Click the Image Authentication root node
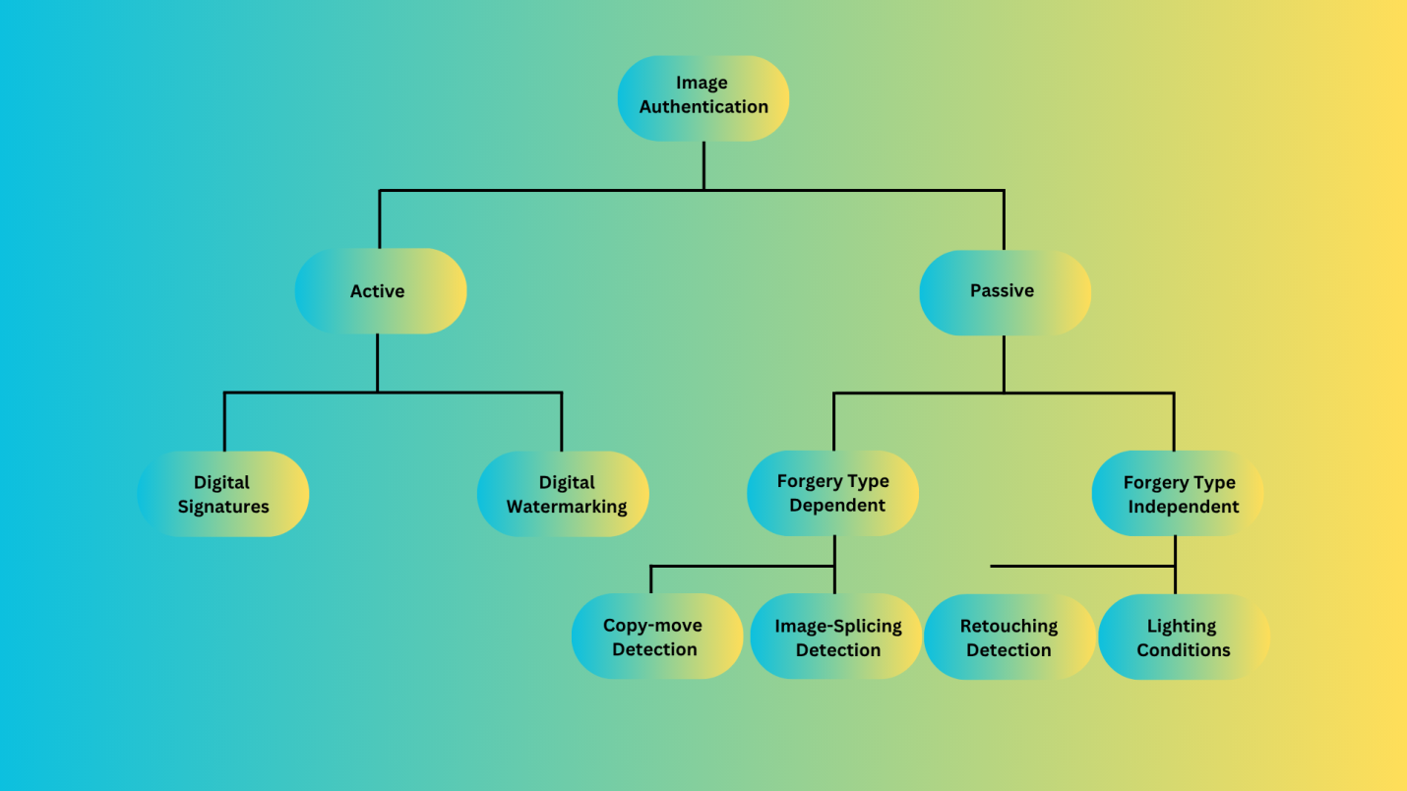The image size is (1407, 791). (703, 97)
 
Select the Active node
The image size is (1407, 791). (380, 291)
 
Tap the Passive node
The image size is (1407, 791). (1005, 291)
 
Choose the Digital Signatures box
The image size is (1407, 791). (223, 494)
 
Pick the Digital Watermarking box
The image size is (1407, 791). (563, 494)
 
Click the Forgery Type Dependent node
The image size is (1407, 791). (832, 493)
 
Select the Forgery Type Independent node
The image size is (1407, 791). (1178, 494)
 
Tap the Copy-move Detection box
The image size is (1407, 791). (656, 637)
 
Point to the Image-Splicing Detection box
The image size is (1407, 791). (835, 637)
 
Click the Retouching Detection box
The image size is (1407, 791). (1009, 637)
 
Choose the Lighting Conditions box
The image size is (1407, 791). (1184, 637)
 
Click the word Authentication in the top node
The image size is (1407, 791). (703, 107)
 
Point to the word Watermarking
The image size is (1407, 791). (567, 508)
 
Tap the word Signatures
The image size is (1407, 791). (223, 508)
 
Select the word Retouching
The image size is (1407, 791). (1009, 627)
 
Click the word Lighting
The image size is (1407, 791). (1182, 627)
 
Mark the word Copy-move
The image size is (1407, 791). (652, 626)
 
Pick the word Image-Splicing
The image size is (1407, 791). (838, 627)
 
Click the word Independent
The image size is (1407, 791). (1183, 508)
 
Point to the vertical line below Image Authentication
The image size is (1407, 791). (703, 164)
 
